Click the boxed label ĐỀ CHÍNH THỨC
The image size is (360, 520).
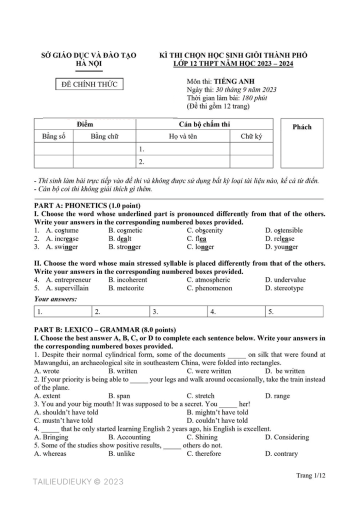[x=89, y=84]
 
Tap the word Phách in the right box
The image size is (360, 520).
[x=302, y=127]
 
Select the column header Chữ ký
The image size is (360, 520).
[x=251, y=137]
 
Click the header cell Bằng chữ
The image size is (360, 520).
[x=105, y=137]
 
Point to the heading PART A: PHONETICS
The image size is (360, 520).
[x=87, y=206]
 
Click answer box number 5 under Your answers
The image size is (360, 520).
[x=294, y=311]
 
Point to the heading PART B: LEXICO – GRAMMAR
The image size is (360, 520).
[x=105, y=330]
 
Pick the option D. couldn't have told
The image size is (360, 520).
[x=217, y=420]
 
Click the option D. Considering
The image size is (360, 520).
[x=287, y=437]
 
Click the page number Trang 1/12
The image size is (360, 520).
[x=310, y=475]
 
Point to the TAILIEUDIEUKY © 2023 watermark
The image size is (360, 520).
[x=78, y=482]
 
